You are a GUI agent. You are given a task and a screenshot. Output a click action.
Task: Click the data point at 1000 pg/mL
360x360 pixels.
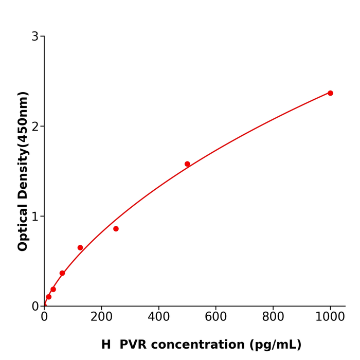click(x=330, y=93)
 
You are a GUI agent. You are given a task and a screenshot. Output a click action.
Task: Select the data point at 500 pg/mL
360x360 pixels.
click(x=187, y=164)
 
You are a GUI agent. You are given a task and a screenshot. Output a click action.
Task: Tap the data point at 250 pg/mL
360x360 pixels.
click(x=116, y=229)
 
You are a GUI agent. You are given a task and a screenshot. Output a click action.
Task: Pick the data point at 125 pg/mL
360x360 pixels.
click(x=80, y=248)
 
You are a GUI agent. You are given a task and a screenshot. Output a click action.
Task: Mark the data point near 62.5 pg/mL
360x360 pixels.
click(x=62, y=273)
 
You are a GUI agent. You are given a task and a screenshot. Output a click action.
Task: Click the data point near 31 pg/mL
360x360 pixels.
click(x=53, y=290)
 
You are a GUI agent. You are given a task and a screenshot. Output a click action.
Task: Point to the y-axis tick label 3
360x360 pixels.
click(x=35, y=37)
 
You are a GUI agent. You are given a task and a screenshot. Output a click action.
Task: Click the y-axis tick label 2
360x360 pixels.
click(x=35, y=127)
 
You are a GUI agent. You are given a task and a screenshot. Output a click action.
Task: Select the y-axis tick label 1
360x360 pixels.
click(x=35, y=217)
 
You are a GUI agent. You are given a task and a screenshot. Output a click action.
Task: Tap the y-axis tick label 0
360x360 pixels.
click(x=35, y=306)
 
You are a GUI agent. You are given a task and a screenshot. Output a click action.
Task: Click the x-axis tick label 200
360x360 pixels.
click(x=101, y=317)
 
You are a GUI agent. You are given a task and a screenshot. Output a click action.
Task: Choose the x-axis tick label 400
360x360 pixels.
click(x=158, y=317)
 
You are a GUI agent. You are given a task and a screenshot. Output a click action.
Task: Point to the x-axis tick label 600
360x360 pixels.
click(x=215, y=317)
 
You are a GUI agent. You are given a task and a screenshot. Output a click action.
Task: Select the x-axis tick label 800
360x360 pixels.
click(x=273, y=317)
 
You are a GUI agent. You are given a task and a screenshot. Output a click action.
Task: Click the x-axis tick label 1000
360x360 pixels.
click(x=330, y=317)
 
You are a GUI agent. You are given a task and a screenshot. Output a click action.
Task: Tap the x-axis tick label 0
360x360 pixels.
click(x=44, y=317)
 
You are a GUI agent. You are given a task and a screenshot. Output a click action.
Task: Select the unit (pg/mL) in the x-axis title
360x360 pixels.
click(x=275, y=345)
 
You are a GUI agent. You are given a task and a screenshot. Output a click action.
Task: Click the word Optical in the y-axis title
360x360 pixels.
click(x=23, y=226)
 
